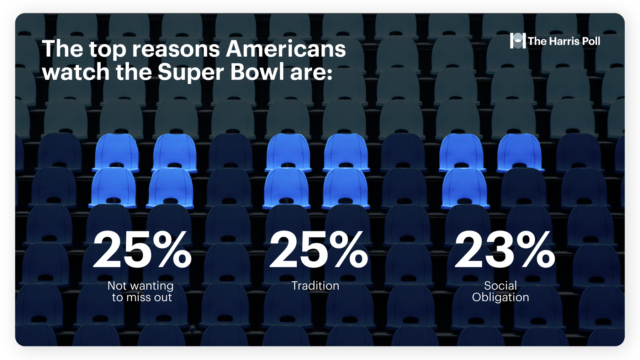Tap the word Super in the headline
coord(191,72)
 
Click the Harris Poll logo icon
coord(518,41)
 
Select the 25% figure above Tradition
coord(319,249)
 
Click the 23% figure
coord(505,249)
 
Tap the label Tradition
coord(315,286)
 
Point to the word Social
coord(501,286)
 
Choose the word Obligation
coord(501,297)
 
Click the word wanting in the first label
coord(152,286)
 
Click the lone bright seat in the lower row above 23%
coord(464,188)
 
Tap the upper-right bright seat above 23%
coord(519,153)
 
